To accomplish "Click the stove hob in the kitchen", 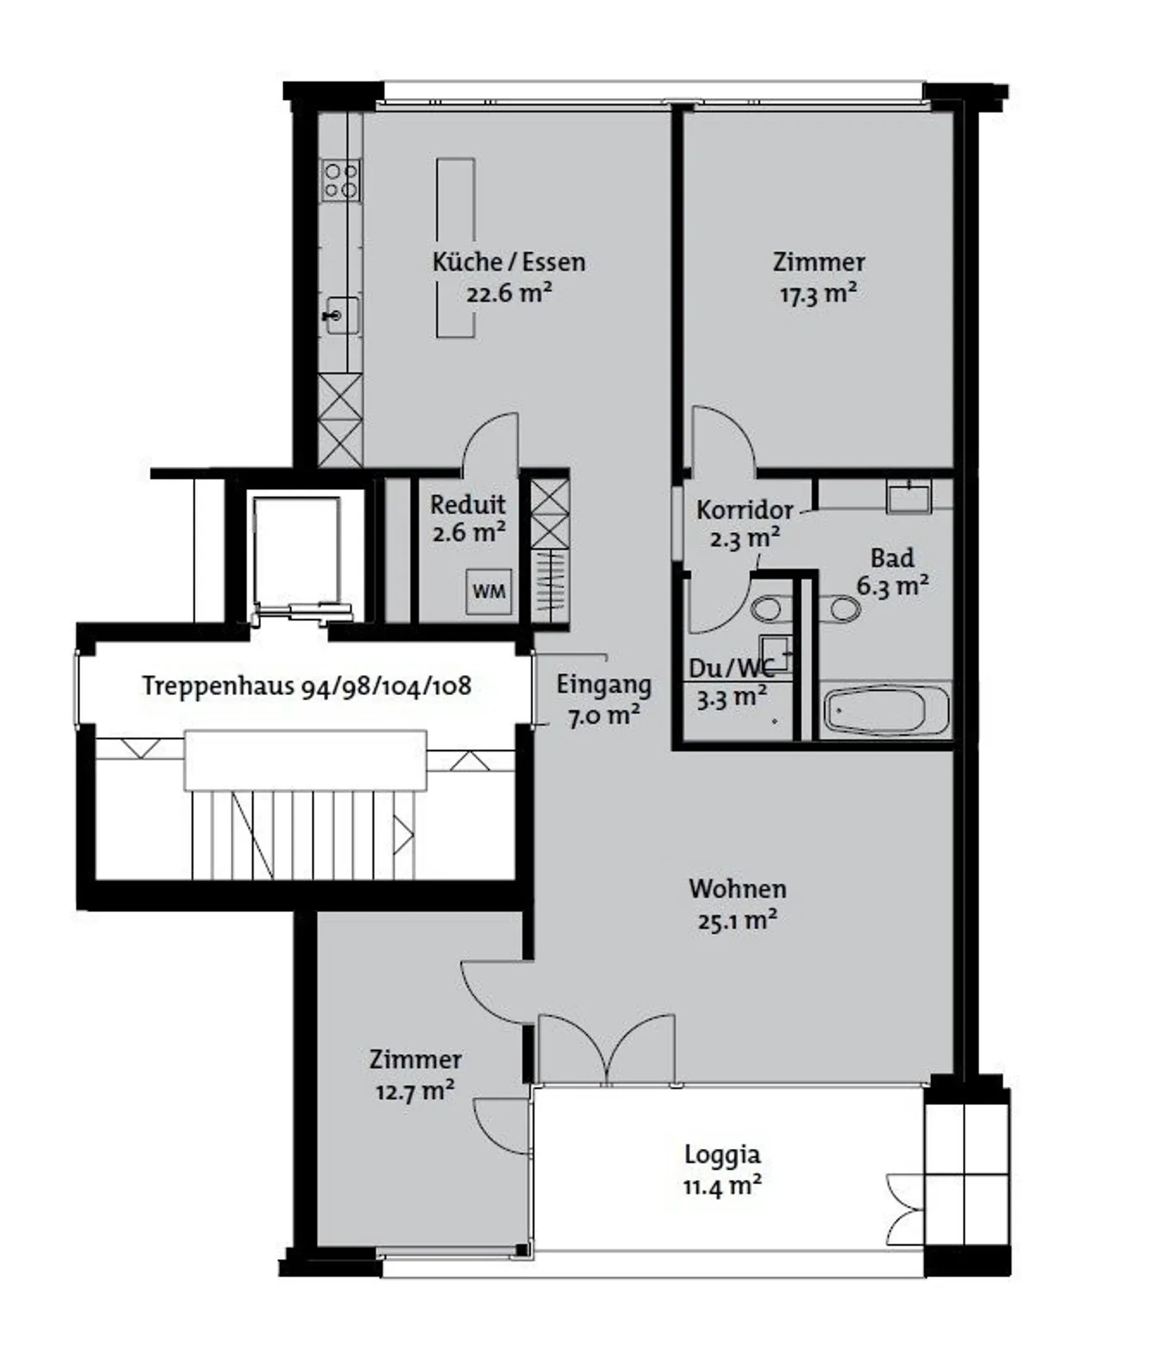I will (341, 180).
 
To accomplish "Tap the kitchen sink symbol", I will (342, 316).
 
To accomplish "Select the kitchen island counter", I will (456, 247).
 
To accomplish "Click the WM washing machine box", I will (488, 591).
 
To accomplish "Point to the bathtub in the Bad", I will (886, 709).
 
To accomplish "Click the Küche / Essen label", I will (509, 262).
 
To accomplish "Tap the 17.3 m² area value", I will (818, 294).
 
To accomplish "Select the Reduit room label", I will (468, 504).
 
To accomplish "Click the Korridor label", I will (744, 510).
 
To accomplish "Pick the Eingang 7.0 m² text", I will (603, 700).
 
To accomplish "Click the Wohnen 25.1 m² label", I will (737, 904).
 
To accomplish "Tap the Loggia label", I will (722, 1155).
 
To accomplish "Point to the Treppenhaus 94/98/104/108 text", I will (306, 685).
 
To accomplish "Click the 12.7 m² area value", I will (415, 1091).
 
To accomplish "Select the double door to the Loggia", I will (606, 1049).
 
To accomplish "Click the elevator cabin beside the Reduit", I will (297, 552).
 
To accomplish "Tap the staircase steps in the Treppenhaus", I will (303, 835).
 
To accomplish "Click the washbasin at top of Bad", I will (909, 497).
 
